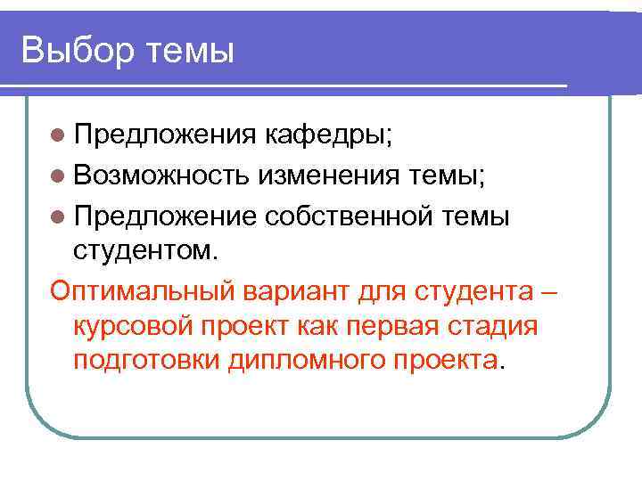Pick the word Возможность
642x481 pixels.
[x=161, y=176]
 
